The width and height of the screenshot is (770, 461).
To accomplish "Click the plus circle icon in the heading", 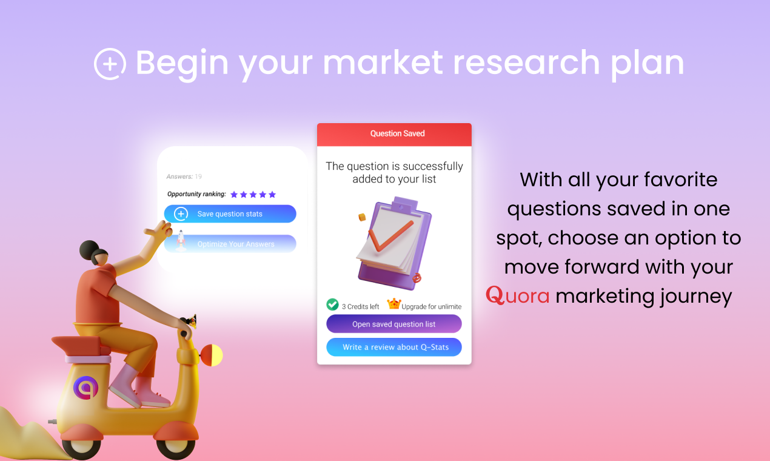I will coord(110,64).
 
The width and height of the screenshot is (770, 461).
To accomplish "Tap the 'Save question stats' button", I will coord(230,214).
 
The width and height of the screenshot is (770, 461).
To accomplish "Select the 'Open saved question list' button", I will coord(393,324).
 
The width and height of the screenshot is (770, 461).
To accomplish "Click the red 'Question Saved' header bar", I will coord(394,134).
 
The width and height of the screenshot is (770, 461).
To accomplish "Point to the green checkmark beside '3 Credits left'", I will coord(332,305).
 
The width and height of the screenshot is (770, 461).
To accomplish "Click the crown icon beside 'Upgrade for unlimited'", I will coord(394,304).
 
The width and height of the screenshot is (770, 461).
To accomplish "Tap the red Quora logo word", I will coord(518,296).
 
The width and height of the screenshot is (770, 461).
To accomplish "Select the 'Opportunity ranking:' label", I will coord(196,194).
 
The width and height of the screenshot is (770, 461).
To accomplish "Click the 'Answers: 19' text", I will coord(184,177).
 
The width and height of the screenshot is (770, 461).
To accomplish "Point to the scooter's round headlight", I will coord(212,355).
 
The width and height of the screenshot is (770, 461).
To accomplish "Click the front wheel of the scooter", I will coord(176,446).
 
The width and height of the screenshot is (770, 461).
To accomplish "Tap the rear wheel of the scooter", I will coord(82,446).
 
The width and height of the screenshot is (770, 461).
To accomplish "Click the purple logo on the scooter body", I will coord(85,388).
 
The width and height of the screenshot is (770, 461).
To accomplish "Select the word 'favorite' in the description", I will coord(680,180).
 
